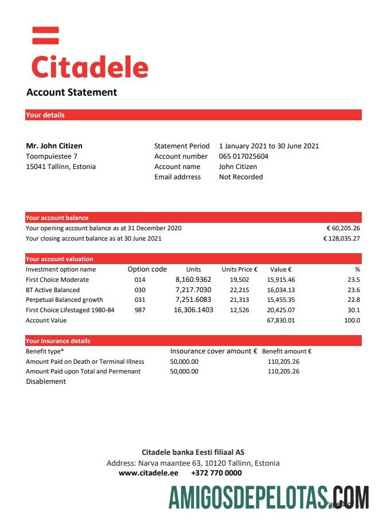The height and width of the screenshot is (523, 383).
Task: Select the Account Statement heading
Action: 72,92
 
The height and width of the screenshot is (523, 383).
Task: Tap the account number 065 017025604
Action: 243,156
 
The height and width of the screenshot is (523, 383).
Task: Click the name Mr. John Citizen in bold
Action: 54,146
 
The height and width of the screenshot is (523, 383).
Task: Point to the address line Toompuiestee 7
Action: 52,156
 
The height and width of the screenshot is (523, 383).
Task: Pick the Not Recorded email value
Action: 241,177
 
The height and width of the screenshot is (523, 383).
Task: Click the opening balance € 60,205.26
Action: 343,228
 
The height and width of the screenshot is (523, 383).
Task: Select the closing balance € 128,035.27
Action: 342,238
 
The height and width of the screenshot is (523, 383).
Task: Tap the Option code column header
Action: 147,269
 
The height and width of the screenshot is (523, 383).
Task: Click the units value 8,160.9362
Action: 193,280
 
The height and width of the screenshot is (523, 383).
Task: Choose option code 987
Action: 140,310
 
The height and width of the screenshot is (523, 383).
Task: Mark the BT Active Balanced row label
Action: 53,290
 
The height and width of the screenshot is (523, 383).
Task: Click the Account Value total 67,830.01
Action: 281,320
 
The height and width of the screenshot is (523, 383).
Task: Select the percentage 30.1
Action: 354,310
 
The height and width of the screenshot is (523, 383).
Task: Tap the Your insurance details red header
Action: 58,341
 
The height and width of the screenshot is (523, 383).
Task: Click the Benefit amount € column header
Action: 287,351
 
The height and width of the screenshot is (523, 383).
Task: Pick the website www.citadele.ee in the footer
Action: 148,473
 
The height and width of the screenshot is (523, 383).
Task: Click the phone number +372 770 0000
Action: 216,473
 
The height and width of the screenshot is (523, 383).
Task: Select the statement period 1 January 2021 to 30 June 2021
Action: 269,146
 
